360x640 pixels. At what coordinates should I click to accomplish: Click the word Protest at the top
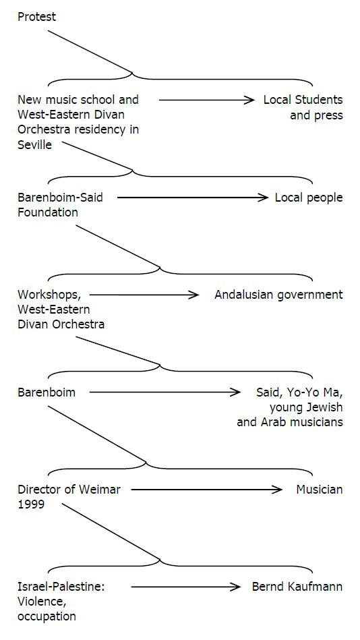(x=36, y=17)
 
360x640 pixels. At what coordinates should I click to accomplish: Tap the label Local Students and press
(x=303, y=107)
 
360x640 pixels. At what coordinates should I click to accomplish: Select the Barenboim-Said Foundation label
(x=61, y=205)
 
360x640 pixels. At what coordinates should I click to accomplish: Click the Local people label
(x=309, y=198)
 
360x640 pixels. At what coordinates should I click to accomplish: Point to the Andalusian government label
(x=279, y=295)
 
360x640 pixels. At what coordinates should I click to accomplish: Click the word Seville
(x=34, y=144)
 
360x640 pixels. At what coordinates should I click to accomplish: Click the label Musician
(x=320, y=490)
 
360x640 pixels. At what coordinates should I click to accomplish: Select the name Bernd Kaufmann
(x=297, y=587)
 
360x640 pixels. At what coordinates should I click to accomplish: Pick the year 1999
(x=31, y=504)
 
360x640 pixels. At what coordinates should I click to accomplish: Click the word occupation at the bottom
(x=47, y=616)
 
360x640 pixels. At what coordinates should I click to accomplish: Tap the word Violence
(x=41, y=602)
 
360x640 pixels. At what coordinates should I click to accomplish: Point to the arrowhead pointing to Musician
(x=277, y=490)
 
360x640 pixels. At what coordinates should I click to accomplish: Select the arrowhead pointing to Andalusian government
(x=193, y=295)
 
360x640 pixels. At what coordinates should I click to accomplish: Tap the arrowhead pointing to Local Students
(x=249, y=100)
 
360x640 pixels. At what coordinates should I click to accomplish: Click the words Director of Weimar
(x=69, y=490)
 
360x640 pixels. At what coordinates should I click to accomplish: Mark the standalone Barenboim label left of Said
(x=47, y=392)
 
